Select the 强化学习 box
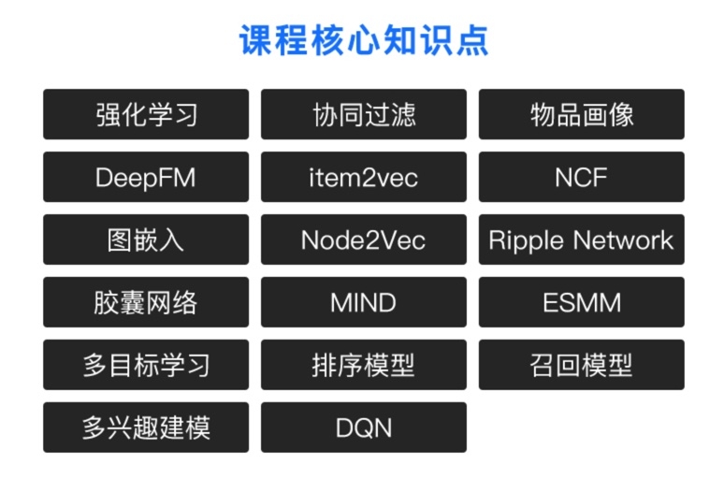tap(146, 114)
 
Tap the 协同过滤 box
tap(364, 114)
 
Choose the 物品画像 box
tap(582, 114)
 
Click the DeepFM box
tap(146, 177)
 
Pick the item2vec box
tap(364, 177)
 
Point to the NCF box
tap(582, 177)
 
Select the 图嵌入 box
tap(146, 239)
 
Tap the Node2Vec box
tap(364, 239)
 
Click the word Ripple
tap(527, 240)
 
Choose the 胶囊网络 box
tap(146, 302)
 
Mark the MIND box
tap(364, 302)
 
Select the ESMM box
tap(582, 302)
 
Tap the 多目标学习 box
tap(146, 365)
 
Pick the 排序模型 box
tap(364, 365)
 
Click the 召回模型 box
tap(582, 365)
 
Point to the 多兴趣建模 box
tap(146, 428)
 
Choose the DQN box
tap(364, 428)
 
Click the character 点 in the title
tap(470, 41)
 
